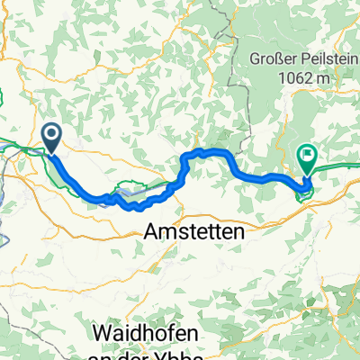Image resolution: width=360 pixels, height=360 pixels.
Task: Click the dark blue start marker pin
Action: (x=52, y=138)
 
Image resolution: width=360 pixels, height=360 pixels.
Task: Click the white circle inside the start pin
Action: (x=52, y=134)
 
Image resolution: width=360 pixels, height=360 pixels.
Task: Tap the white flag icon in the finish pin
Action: (x=308, y=156)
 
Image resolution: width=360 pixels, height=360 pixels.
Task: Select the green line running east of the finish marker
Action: (x=342, y=166)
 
